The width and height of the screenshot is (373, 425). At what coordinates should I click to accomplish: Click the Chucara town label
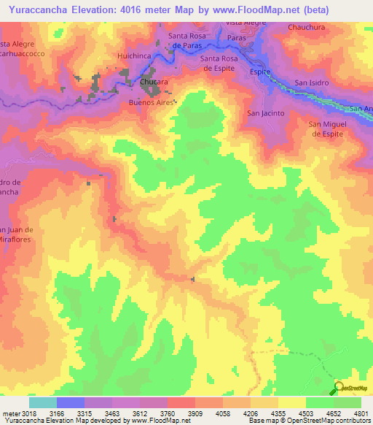tap(154, 83)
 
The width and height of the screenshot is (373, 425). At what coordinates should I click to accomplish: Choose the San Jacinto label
tap(264, 113)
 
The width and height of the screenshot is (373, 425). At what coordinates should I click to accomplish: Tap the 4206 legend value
tap(250, 413)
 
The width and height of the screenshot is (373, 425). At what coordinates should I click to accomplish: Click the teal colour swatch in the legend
tap(43, 402)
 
